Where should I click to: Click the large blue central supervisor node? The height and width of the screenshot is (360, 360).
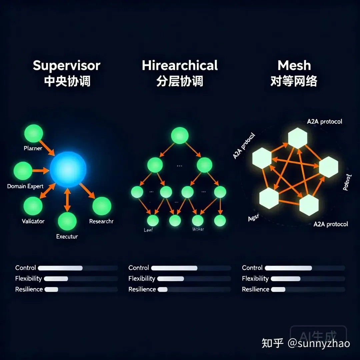(x=68, y=169)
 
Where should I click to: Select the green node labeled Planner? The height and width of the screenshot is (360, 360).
(x=34, y=133)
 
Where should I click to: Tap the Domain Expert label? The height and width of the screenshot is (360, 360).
(x=25, y=186)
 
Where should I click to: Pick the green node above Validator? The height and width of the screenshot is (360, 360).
(x=33, y=206)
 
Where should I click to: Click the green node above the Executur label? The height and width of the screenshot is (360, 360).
(x=67, y=221)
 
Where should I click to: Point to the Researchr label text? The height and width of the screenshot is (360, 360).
(x=101, y=221)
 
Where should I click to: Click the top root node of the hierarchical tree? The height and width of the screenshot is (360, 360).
(x=180, y=135)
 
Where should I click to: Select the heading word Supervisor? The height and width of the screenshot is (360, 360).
(x=66, y=65)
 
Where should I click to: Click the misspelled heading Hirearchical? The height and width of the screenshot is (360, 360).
(x=180, y=65)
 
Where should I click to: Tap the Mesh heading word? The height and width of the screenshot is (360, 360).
(x=294, y=65)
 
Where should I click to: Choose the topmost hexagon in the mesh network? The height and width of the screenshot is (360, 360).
(x=297, y=138)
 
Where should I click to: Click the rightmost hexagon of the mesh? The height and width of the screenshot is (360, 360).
(x=328, y=167)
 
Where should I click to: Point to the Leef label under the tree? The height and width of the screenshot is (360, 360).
(x=148, y=230)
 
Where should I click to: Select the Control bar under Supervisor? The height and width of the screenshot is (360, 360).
(x=60, y=268)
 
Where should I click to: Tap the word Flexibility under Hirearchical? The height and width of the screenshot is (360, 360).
(x=142, y=279)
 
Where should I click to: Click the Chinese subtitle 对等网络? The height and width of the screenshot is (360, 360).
(x=293, y=81)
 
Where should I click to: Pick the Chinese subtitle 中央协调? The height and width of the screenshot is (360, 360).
(x=67, y=81)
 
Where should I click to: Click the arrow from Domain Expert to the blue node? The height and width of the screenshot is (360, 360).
(x=40, y=170)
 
